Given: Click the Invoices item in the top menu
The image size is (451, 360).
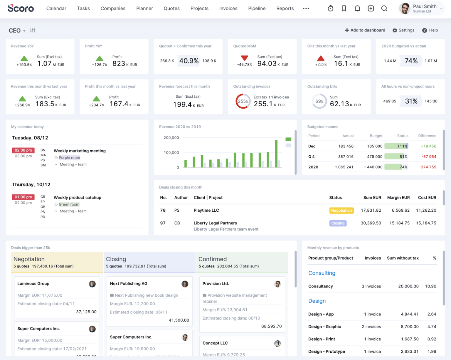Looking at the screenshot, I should [x=228, y=9].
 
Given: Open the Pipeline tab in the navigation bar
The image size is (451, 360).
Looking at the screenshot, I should [x=257, y=9].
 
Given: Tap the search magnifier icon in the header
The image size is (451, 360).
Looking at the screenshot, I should [x=384, y=9].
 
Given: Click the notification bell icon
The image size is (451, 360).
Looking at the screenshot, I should [x=357, y=9].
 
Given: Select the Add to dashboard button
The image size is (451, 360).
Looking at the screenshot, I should [x=365, y=30].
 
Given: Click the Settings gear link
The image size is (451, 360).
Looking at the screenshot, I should [x=403, y=30].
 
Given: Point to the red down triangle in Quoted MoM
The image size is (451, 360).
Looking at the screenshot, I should [x=244, y=58].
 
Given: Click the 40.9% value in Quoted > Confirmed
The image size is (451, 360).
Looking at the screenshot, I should [x=189, y=61].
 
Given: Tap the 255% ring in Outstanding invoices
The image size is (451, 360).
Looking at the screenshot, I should [x=243, y=101].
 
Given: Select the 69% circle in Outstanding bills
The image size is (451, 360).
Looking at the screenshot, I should [x=319, y=101].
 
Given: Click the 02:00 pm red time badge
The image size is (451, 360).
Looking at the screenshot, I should [x=23, y=150].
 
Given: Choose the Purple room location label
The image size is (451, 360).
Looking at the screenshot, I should [x=69, y=158].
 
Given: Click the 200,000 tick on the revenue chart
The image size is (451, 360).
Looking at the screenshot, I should [x=171, y=138].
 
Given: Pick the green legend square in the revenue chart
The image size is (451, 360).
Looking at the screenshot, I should [x=288, y=139].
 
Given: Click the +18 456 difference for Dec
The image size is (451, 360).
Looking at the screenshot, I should [x=428, y=146].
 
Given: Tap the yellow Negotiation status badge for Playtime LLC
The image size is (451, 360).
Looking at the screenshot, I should [x=341, y=211].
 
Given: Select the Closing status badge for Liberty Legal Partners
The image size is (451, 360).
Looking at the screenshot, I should [x=338, y=223].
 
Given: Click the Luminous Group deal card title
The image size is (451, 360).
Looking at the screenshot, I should [x=33, y=284].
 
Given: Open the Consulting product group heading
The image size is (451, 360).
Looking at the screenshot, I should [x=322, y=273].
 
